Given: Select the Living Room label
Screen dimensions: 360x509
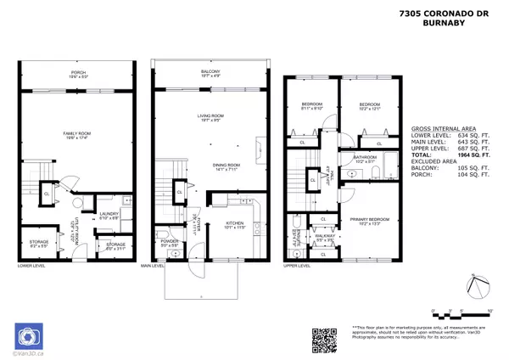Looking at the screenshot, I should (210, 117).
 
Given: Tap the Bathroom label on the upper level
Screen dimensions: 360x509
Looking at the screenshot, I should (366, 158).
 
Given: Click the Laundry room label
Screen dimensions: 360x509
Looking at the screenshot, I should (108, 216).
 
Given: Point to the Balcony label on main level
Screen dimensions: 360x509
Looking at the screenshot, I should (210, 72).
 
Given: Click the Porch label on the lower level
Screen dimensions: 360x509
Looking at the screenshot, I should (78, 74).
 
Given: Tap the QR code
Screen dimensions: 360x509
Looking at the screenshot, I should (325, 339).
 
